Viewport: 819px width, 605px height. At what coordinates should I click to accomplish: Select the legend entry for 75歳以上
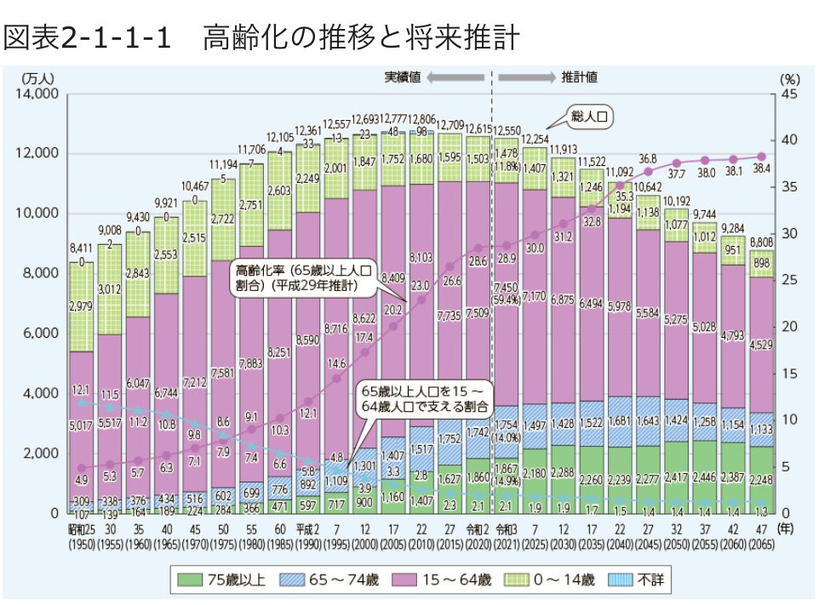coord(226,581)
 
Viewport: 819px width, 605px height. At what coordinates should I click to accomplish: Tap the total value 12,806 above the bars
coord(421,119)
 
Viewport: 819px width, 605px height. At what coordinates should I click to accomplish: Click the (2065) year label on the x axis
coord(762,543)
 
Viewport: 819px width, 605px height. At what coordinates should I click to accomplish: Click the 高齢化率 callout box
coord(304,277)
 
